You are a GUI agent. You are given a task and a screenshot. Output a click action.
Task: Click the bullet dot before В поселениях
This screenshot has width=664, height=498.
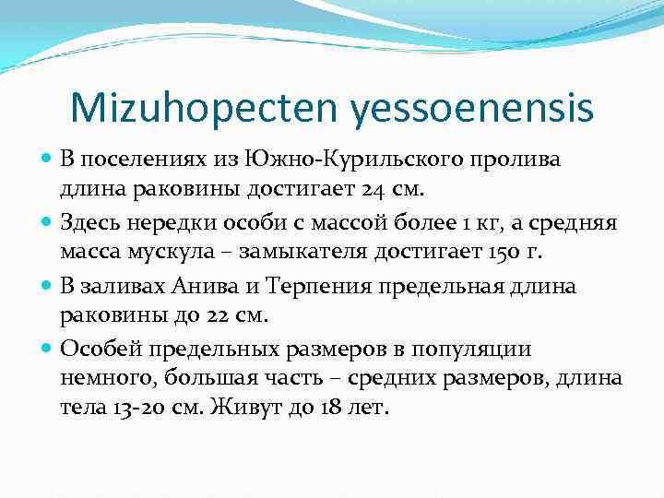[x=47, y=160]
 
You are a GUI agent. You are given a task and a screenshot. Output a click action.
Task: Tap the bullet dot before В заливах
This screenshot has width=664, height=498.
[x=47, y=286]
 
